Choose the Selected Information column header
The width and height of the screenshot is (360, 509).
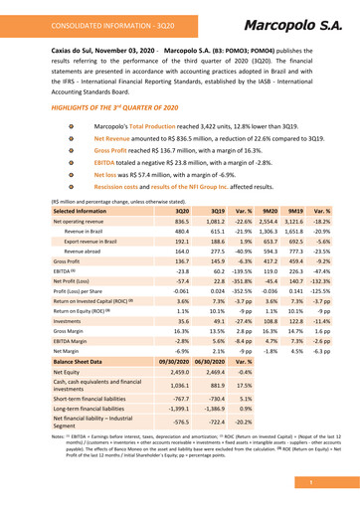pos(81,240)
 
